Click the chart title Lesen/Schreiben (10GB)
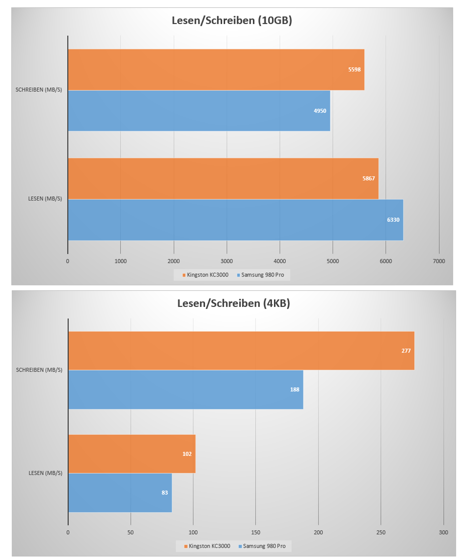231,21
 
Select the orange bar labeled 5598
216,69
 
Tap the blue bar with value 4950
199,110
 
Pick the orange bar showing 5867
223,178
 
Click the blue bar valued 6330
235,219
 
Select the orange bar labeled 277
241,350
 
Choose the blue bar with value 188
186,389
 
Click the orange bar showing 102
132,453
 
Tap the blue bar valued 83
120,493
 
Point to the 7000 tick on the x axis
439,261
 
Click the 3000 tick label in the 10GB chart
227,261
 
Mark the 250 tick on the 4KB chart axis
381,532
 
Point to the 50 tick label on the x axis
130,532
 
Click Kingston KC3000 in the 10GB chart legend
205,275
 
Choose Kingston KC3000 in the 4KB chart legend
207,545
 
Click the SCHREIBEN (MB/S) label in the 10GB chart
39,90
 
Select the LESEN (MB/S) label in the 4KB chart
46,473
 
